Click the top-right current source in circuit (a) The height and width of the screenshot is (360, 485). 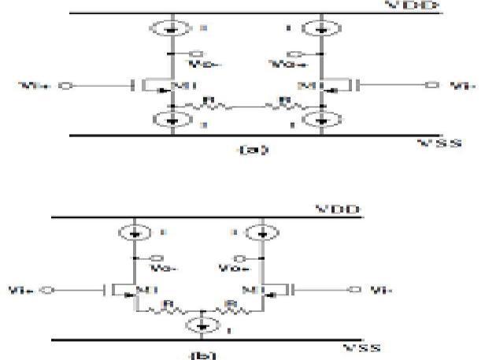pos(321,29)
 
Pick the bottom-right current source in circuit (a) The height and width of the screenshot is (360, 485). pos(321,120)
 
